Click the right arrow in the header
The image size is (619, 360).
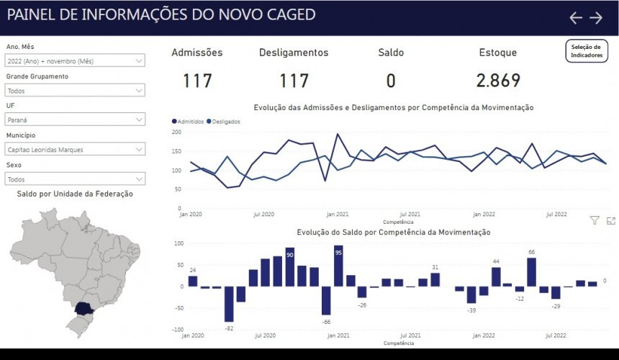click(x=596, y=18)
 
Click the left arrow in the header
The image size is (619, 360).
click(x=576, y=18)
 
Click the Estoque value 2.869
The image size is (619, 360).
click(x=498, y=81)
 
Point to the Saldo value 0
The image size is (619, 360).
click(x=391, y=81)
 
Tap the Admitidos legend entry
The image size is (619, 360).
click(x=189, y=122)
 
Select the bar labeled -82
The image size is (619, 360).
click(x=229, y=304)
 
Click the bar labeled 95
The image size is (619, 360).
click(x=338, y=266)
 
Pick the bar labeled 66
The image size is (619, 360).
click(x=532, y=272)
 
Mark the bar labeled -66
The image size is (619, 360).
click(x=326, y=300)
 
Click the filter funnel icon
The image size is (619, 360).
click(x=595, y=221)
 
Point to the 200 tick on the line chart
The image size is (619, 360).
click(x=176, y=132)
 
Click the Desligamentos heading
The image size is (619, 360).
click(x=294, y=53)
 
